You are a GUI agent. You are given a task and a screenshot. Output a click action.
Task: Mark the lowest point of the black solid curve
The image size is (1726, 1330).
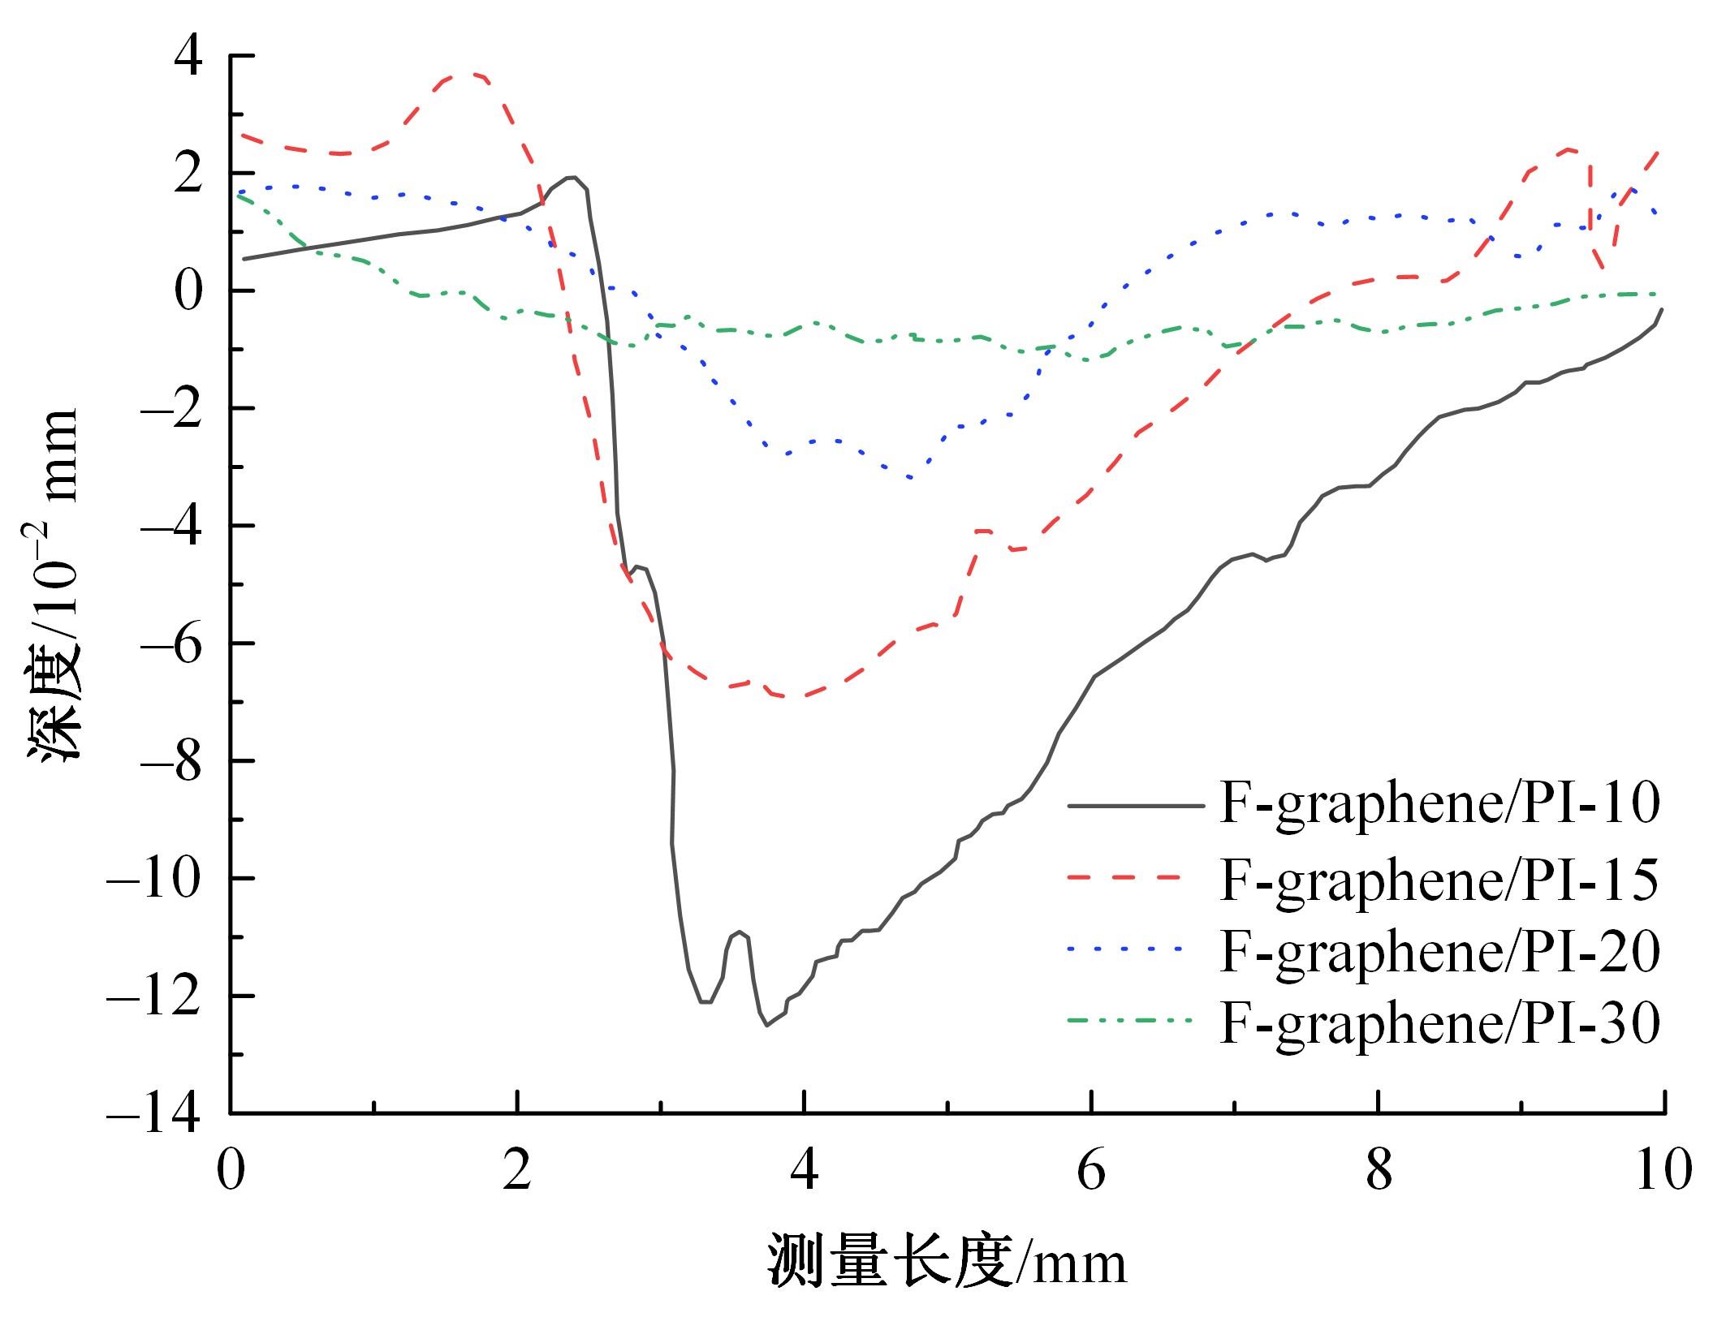(x=766, y=1026)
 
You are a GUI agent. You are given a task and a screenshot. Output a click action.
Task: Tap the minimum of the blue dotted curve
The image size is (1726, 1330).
(x=911, y=478)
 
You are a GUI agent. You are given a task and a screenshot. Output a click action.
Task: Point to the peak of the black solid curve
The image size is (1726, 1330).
(x=572, y=177)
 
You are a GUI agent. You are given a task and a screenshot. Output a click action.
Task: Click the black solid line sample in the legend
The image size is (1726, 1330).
(x=1135, y=806)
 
